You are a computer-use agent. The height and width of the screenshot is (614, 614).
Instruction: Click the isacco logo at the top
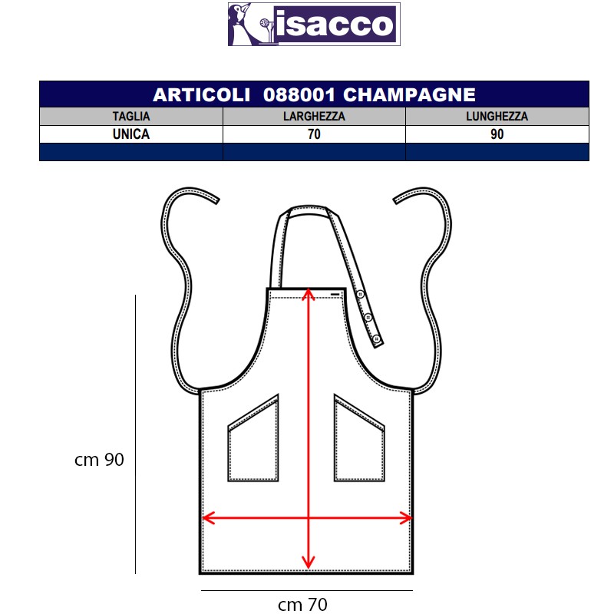[314, 25]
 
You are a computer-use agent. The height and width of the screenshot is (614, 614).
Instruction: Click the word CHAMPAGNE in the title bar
[409, 94]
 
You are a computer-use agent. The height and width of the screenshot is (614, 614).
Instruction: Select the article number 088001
[299, 94]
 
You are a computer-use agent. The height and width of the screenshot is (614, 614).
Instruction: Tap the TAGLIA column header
[131, 117]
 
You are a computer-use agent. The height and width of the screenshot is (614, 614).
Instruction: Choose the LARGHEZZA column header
[314, 117]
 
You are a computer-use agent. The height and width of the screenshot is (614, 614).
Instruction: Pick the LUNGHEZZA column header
[497, 117]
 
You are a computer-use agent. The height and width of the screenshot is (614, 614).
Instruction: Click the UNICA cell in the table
[131, 134]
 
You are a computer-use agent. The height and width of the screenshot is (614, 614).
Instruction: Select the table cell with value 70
[314, 134]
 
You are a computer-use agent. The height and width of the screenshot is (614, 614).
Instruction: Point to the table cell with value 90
[497, 134]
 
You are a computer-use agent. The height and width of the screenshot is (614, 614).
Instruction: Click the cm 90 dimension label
[99, 460]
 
